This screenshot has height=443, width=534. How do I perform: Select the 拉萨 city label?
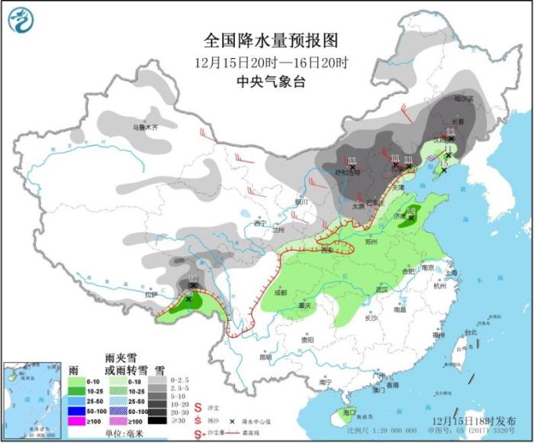(152, 293)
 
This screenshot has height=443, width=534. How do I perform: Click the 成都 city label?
(281, 293)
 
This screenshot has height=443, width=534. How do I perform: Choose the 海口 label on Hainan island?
(349, 412)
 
